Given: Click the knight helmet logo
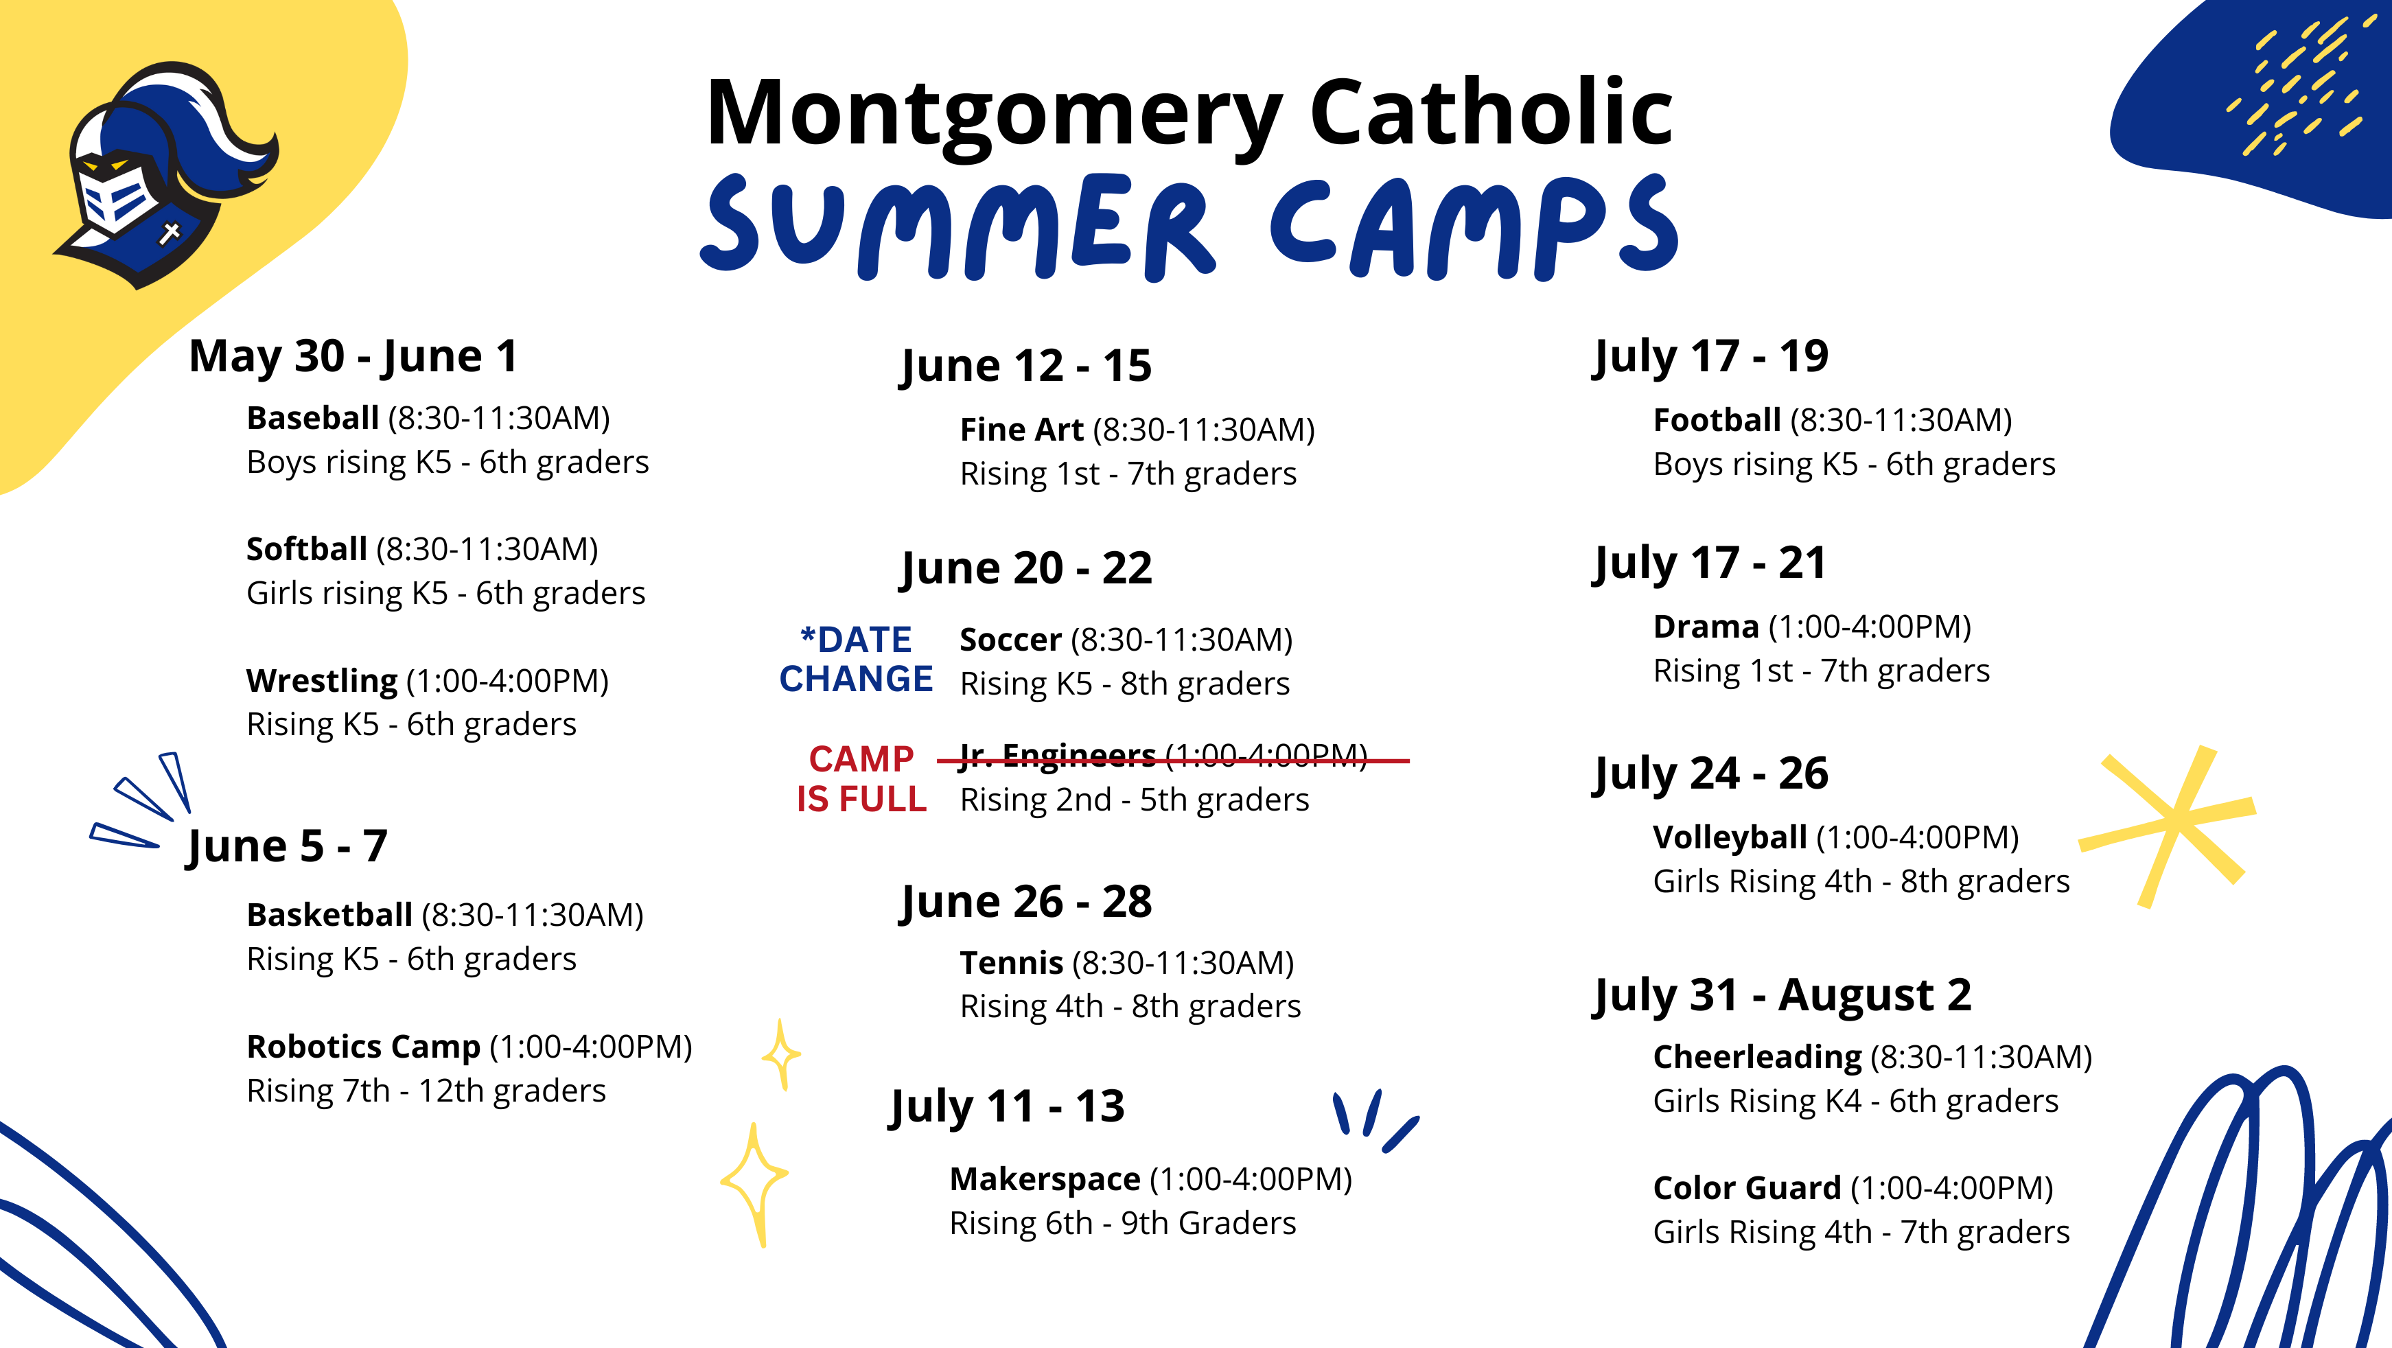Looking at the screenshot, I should (x=167, y=176).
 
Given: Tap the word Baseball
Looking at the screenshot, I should (x=312, y=419).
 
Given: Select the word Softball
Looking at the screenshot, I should (x=306, y=550).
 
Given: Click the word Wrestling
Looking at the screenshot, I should (x=321, y=682).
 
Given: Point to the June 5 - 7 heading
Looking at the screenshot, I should (x=287, y=846).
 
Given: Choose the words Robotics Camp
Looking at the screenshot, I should (x=363, y=1047).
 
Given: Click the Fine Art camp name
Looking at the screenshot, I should (x=1021, y=430).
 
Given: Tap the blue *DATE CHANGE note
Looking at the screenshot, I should (x=855, y=659).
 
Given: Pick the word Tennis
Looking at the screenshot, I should (x=1011, y=964).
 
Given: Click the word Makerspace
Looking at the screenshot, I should (x=1045, y=1180).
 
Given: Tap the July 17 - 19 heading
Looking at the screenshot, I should (x=1710, y=356).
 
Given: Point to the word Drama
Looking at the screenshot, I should (x=1706, y=627).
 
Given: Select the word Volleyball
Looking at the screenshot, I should (x=1729, y=838).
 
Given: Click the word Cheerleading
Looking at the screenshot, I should (x=1757, y=1058).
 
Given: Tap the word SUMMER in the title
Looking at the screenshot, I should (x=956, y=227).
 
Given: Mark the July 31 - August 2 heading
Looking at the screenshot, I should (x=1782, y=995).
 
